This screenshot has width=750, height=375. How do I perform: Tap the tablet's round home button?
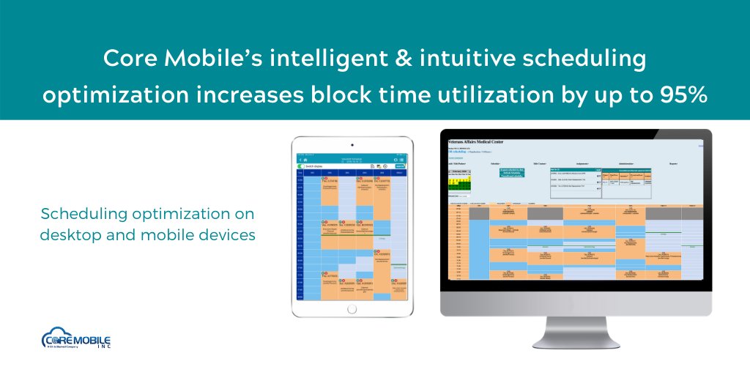pyautogui.click(x=352, y=308)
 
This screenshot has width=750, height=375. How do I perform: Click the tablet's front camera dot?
pyautogui.click(x=352, y=144)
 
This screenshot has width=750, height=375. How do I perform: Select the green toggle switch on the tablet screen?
pyautogui.click(x=302, y=166)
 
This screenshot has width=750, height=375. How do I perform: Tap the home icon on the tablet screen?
pyautogui.click(x=305, y=159)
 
